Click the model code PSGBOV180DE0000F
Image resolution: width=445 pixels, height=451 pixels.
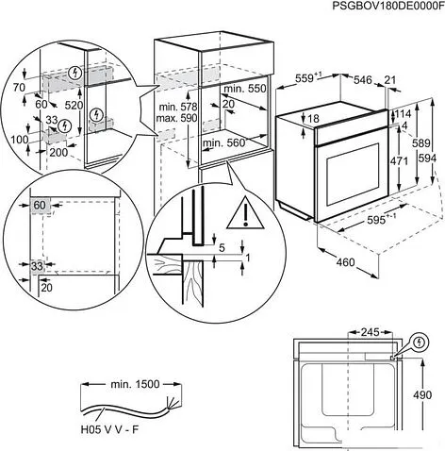(387, 7)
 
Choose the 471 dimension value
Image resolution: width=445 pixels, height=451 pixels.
(400, 161)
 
